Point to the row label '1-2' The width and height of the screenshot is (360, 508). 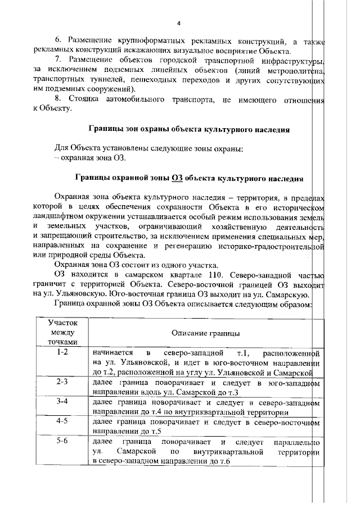point(62,352)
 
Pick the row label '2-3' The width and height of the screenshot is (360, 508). point(62,382)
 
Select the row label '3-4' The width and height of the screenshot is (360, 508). point(62,402)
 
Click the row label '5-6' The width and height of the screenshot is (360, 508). point(62,441)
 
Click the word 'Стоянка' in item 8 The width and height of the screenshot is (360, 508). point(84,99)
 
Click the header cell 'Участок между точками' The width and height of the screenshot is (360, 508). point(62,332)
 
